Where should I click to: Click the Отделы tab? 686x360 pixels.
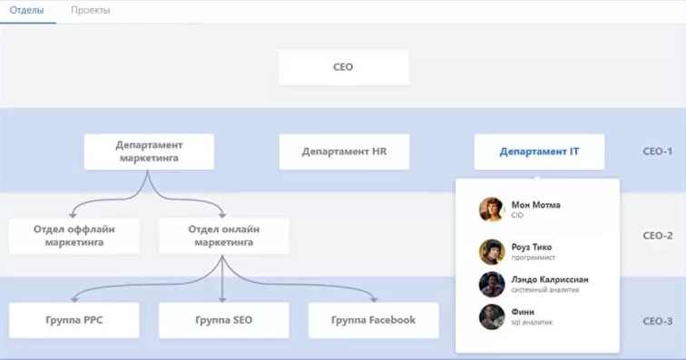[x=27, y=10]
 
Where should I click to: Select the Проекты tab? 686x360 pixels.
[x=91, y=10]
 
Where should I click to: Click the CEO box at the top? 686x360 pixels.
[x=343, y=67]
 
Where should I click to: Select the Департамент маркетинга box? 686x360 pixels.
[x=149, y=151]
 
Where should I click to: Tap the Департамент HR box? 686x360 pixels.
[x=344, y=151]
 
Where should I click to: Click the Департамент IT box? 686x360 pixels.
[x=539, y=151]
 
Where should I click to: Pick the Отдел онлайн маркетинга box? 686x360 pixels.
[x=223, y=235]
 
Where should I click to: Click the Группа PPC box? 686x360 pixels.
[x=74, y=320]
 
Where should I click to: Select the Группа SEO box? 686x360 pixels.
[x=223, y=320]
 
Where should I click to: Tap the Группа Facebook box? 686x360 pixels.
[x=373, y=320]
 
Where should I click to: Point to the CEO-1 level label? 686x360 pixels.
[x=656, y=151]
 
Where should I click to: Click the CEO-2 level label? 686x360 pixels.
[x=656, y=235]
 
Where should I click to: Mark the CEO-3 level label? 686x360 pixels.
[x=656, y=320]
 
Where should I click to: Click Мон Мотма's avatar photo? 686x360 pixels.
[x=492, y=209]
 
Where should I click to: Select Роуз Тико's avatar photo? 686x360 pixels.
[x=492, y=251]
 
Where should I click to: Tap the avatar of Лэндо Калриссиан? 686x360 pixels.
[x=492, y=284]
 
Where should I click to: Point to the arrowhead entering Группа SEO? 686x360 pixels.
[x=223, y=297]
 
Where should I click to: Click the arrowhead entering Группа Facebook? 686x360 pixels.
[x=373, y=297]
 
